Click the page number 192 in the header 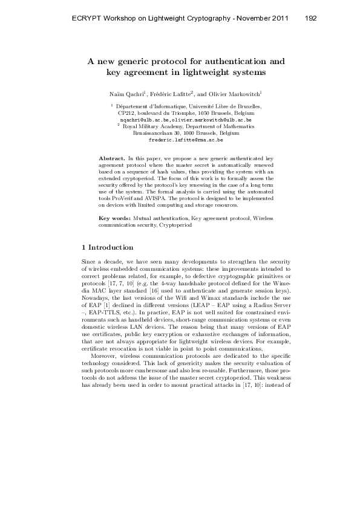coord(311,18)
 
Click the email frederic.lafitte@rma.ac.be coord(186,139)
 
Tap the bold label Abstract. coord(112,157)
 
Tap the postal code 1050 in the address coord(204,113)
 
